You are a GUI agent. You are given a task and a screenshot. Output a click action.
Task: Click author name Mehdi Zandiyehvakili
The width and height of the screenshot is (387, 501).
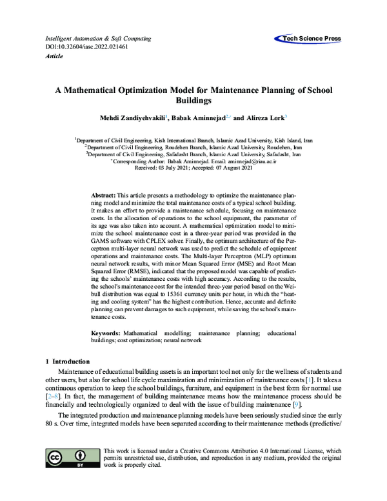tap(130, 119)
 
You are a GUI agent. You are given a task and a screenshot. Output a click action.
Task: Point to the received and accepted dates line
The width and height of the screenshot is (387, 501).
tap(193, 167)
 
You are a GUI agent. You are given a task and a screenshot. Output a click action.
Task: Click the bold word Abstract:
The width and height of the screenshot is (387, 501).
tap(103, 194)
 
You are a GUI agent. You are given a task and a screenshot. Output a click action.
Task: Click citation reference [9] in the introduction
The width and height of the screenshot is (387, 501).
tap(297, 404)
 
